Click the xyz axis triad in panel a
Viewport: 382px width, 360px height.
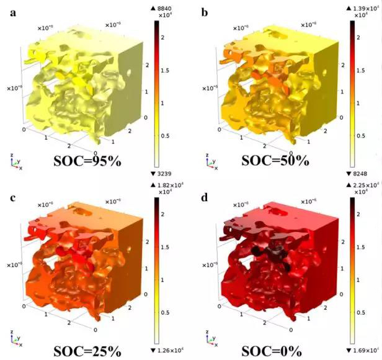coord(17,163)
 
